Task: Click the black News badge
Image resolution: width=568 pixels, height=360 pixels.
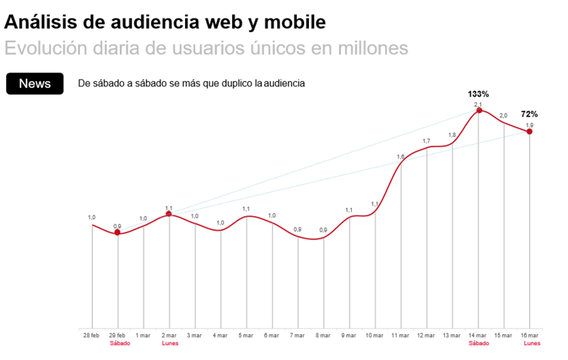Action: [x=35, y=84]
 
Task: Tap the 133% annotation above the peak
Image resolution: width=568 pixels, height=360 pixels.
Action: [x=478, y=94]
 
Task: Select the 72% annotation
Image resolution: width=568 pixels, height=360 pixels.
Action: [x=530, y=114]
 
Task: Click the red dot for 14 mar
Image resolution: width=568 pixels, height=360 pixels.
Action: [x=479, y=110]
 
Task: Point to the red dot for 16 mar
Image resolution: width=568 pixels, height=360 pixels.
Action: [x=530, y=131]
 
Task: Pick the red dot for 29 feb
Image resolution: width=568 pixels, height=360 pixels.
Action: [x=118, y=232]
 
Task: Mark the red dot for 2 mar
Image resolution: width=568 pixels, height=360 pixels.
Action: [x=169, y=214]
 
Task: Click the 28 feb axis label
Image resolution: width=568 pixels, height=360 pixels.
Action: [x=92, y=336]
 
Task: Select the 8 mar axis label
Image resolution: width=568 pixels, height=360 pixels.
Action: [x=324, y=336]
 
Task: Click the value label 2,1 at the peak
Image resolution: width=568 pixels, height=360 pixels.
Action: [x=478, y=103]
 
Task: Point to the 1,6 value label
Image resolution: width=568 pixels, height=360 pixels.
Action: [x=401, y=157]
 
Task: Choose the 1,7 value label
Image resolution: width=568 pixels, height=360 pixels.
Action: [x=427, y=141]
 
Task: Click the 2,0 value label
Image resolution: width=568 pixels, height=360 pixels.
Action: [x=503, y=116]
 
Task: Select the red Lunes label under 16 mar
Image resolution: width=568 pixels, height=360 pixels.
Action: [x=531, y=343]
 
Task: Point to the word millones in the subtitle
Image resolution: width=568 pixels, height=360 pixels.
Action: [x=373, y=49]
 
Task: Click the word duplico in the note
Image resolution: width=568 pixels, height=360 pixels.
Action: [x=226, y=84]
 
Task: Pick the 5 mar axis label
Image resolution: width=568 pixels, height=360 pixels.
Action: [x=246, y=336]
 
